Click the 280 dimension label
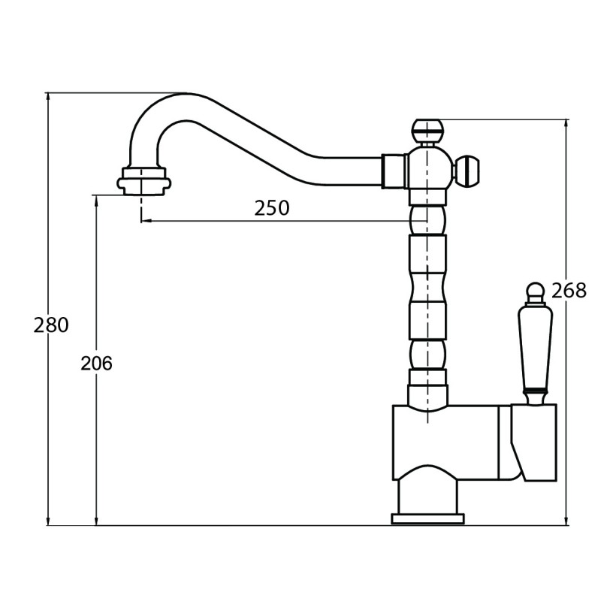tap(51, 325)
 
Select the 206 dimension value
tap(97, 364)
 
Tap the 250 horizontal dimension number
tap(272, 208)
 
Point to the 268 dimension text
tap(569, 290)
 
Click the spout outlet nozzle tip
tap(144, 182)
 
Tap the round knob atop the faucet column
tap(427, 131)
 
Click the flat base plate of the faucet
tap(427, 519)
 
